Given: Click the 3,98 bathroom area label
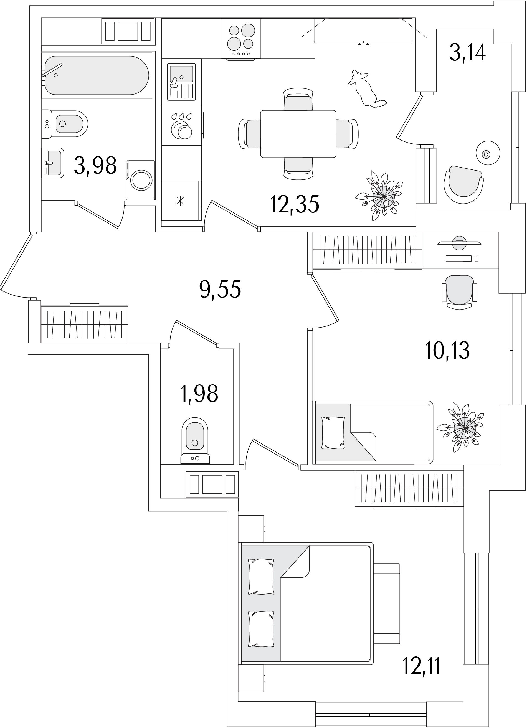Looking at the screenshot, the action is pos(95,166).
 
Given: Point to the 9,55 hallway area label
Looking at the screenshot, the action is pos(220,289).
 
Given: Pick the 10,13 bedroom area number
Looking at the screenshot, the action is pos(447,350).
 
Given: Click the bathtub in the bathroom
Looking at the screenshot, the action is pos(97,75).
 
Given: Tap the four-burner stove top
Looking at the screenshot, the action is pos(241,39).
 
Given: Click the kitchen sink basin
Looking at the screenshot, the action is pos(182,74).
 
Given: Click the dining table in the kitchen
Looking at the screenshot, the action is pos(298,134).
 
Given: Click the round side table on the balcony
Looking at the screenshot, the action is pos(488,153).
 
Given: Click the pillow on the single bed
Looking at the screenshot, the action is pos(333,433).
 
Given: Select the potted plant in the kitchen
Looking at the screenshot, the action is pos(379,196).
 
